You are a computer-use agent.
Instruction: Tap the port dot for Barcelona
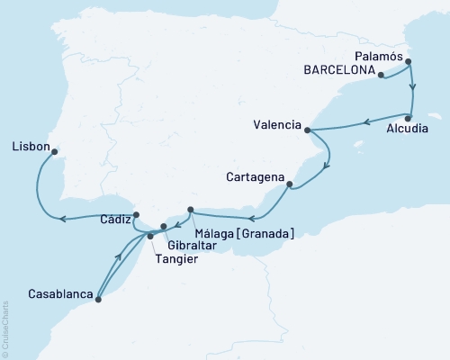click(382, 76)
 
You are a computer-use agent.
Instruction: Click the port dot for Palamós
click(409, 62)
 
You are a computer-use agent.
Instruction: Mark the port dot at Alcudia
click(409, 117)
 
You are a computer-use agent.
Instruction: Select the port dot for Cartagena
click(289, 185)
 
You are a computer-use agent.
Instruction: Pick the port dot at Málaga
click(191, 210)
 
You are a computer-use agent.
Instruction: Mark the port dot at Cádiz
click(135, 215)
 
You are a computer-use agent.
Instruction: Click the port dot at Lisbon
click(56, 152)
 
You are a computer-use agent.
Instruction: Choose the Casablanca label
click(58, 294)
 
